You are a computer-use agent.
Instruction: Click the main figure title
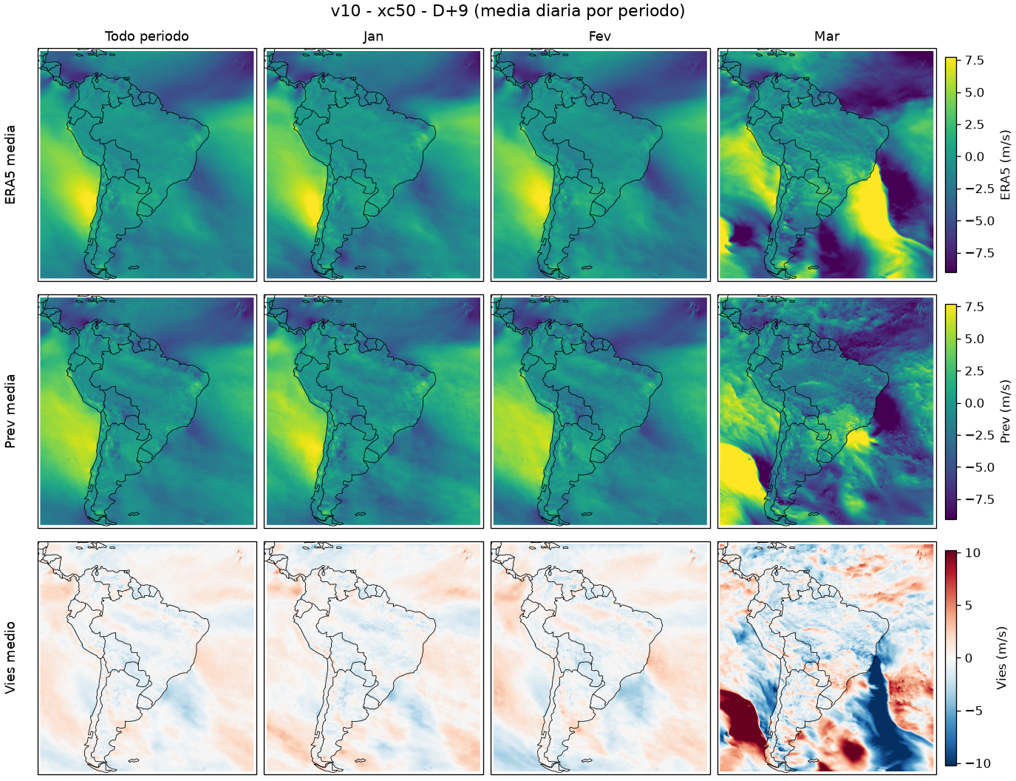(508, 10)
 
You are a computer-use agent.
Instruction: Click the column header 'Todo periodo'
(147, 36)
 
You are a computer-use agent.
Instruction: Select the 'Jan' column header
(373, 36)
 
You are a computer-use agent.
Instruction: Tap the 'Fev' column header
(600, 36)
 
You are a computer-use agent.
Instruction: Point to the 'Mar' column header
(827, 36)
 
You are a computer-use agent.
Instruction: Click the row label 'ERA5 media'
(10, 165)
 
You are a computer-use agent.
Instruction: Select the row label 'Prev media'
(10, 411)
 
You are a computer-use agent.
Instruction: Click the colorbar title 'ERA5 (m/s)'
(1005, 165)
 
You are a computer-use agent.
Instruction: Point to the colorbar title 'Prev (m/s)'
(1005, 411)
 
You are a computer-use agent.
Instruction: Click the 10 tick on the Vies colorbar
(972, 552)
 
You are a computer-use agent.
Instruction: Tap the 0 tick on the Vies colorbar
(968, 658)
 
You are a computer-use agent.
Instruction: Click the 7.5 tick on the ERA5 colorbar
(975, 61)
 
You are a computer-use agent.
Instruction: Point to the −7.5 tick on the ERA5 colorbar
(980, 253)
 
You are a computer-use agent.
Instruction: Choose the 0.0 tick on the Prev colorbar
(975, 403)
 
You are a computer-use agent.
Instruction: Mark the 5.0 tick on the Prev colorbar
(975, 339)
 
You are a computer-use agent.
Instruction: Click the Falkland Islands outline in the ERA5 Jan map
(360, 268)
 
